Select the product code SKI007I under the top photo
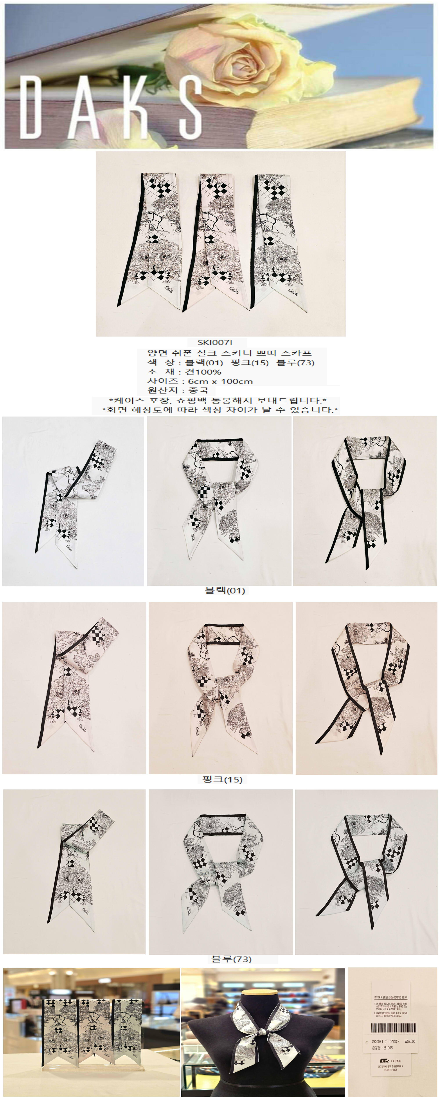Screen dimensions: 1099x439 [x=215, y=342]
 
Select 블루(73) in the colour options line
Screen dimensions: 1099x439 [x=295, y=363]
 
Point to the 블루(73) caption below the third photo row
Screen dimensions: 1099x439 [x=231, y=959]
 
